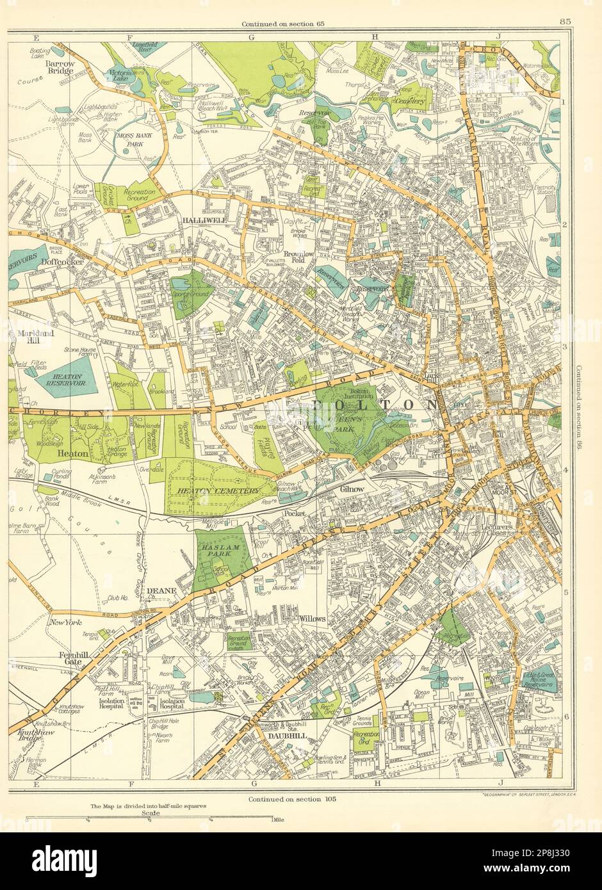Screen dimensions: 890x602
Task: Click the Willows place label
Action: (313, 619)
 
